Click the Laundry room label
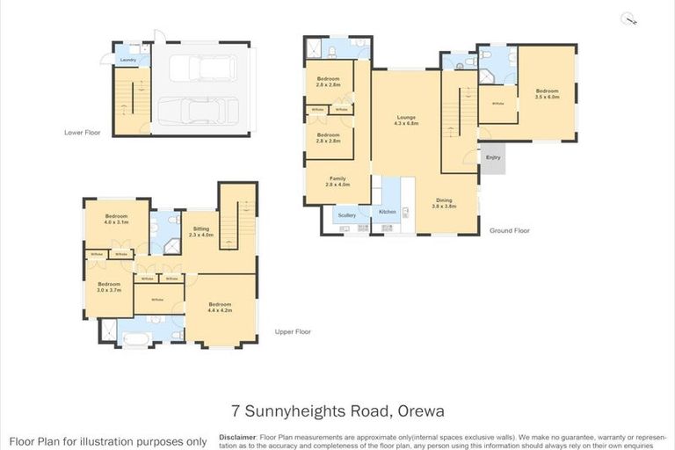point(127,61)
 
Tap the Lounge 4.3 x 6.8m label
point(406,120)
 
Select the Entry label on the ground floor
point(493,157)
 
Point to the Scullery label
point(345,214)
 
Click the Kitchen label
point(388,213)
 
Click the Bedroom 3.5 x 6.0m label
point(547,93)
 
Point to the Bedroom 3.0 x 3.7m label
point(109,287)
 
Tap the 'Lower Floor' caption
point(82,134)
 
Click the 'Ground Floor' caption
point(510,230)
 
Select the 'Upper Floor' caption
point(293,331)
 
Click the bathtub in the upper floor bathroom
point(137,337)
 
